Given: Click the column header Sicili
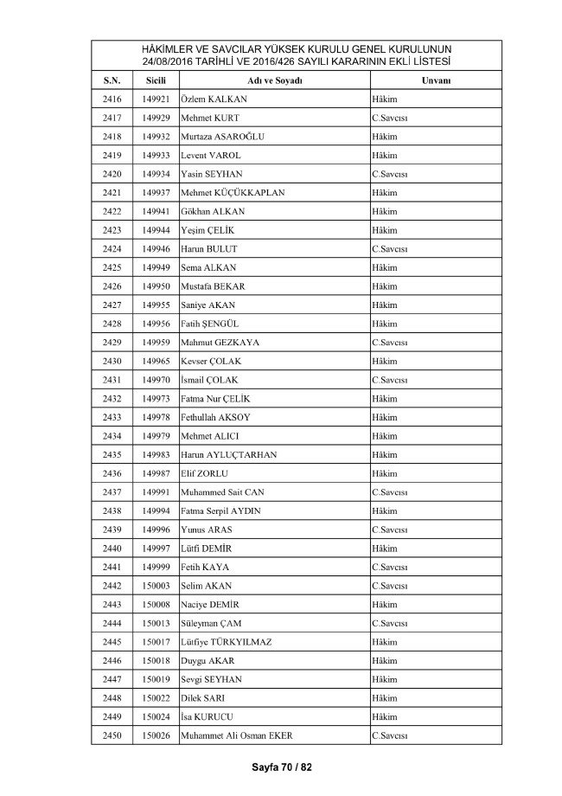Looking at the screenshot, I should pyautogui.click(x=156, y=80).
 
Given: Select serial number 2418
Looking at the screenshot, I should pyautogui.click(x=112, y=137).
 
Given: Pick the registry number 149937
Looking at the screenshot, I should pyautogui.click(x=156, y=192).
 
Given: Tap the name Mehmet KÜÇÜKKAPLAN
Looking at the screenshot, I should pyautogui.click(x=233, y=192).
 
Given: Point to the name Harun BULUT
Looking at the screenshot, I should pyautogui.click(x=209, y=248).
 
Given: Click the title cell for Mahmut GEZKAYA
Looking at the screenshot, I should pyautogui.click(x=389, y=342).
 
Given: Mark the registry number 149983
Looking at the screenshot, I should pyautogui.click(x=156, y=454).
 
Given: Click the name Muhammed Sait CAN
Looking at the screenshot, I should pyautogui.click(x=223, y=491).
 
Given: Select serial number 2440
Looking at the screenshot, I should pyautogui.click(x=112, y=548).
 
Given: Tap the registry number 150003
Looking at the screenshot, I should pyautogui.click(x=156, y=585).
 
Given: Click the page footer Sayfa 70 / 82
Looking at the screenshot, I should pyautogui.click(x=281, y=767).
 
